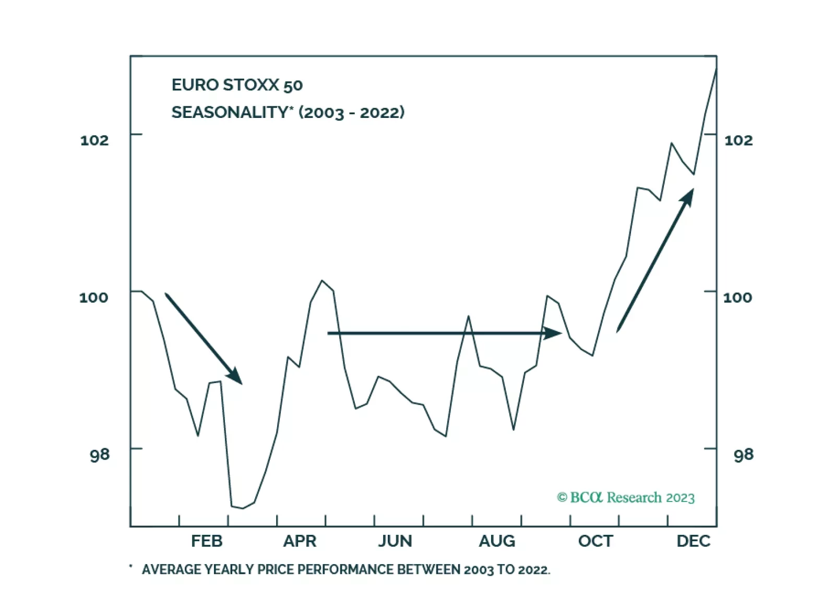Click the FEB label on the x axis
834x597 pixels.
tap(207, 541)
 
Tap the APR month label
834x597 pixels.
tap(300, 541)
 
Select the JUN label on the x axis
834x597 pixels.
tap(395, 541)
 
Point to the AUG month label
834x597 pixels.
tap(497, 541)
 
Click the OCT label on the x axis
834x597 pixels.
tap(595, 541)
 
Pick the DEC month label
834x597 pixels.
tap(694, 541)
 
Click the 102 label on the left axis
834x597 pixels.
tap(94, 140)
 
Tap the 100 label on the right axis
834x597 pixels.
tap(737, 297)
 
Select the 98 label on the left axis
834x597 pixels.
tap(100, 455)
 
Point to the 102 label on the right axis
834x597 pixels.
tap(738, 140)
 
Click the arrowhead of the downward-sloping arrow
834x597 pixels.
tap(236, 377)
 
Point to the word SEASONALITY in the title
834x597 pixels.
tap(230, 112)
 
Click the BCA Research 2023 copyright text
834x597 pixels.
tap(626, 497)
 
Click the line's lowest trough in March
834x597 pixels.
tap(242, 508)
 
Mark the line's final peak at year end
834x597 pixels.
tap(716, 69)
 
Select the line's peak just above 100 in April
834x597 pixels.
tap(322, 281)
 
